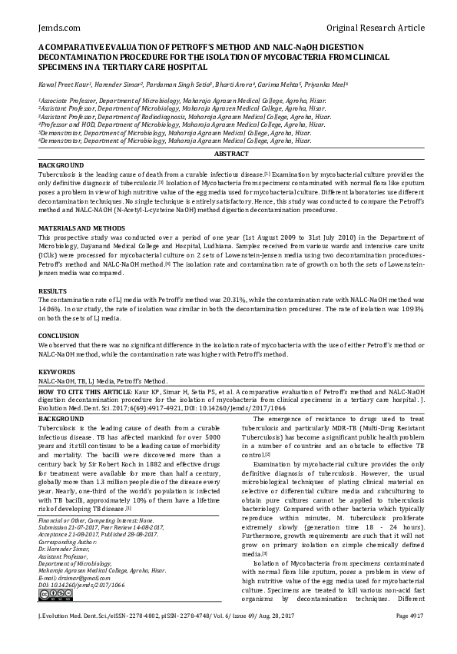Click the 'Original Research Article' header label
pos(376,28)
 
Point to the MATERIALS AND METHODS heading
pos(81,228)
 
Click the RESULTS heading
pos(54,292)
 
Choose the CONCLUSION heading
pos(59,335)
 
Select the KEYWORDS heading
pos(57,371)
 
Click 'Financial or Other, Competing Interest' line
pos(86,520)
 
